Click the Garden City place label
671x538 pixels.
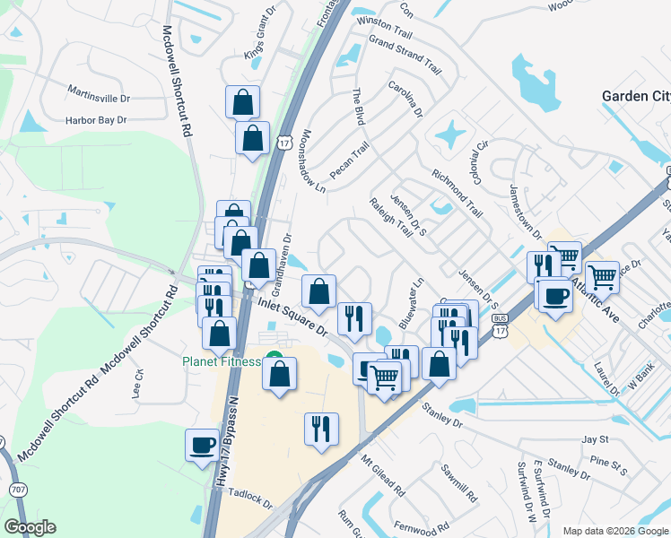click(635, 96)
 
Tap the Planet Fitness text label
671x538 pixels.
click(221, 361)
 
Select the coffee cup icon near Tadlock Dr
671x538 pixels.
click(202, 444)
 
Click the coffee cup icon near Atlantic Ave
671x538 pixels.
click(553, 295)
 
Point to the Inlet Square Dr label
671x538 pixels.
click(294, 317)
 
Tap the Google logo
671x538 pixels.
click(30, 527)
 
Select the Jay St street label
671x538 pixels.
click(595, 439)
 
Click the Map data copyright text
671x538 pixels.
click(614, 531)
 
